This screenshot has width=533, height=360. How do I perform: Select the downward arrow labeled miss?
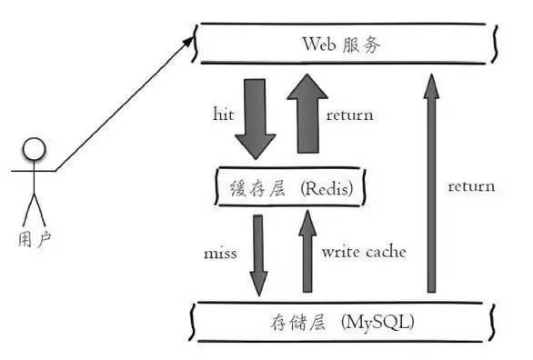point(259,255)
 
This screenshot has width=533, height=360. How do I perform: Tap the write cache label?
point(363,252)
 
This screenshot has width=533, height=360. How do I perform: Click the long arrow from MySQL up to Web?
point(433,182)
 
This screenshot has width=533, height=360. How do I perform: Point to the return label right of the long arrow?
point(471,186)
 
